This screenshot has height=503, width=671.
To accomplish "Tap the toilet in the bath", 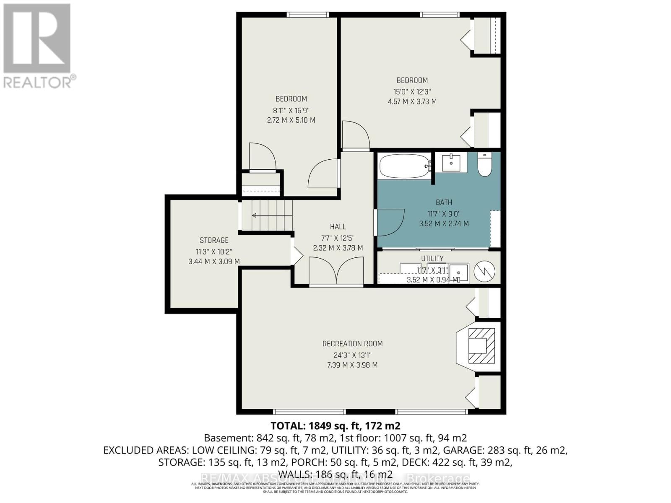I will coord(484,165).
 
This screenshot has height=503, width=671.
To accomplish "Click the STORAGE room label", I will coord(214,240).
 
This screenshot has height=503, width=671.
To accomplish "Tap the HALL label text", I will coord(338,227).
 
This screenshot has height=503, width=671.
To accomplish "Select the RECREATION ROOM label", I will coord(352,344).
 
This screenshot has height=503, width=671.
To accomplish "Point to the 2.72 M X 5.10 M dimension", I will coord(291,120).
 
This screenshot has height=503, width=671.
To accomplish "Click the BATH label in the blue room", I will coord(444,202).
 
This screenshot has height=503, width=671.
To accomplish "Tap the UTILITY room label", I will coord(432,259).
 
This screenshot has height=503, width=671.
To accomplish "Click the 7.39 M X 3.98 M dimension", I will coord(352,365).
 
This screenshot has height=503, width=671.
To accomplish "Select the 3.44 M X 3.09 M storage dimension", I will coord(214,262).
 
